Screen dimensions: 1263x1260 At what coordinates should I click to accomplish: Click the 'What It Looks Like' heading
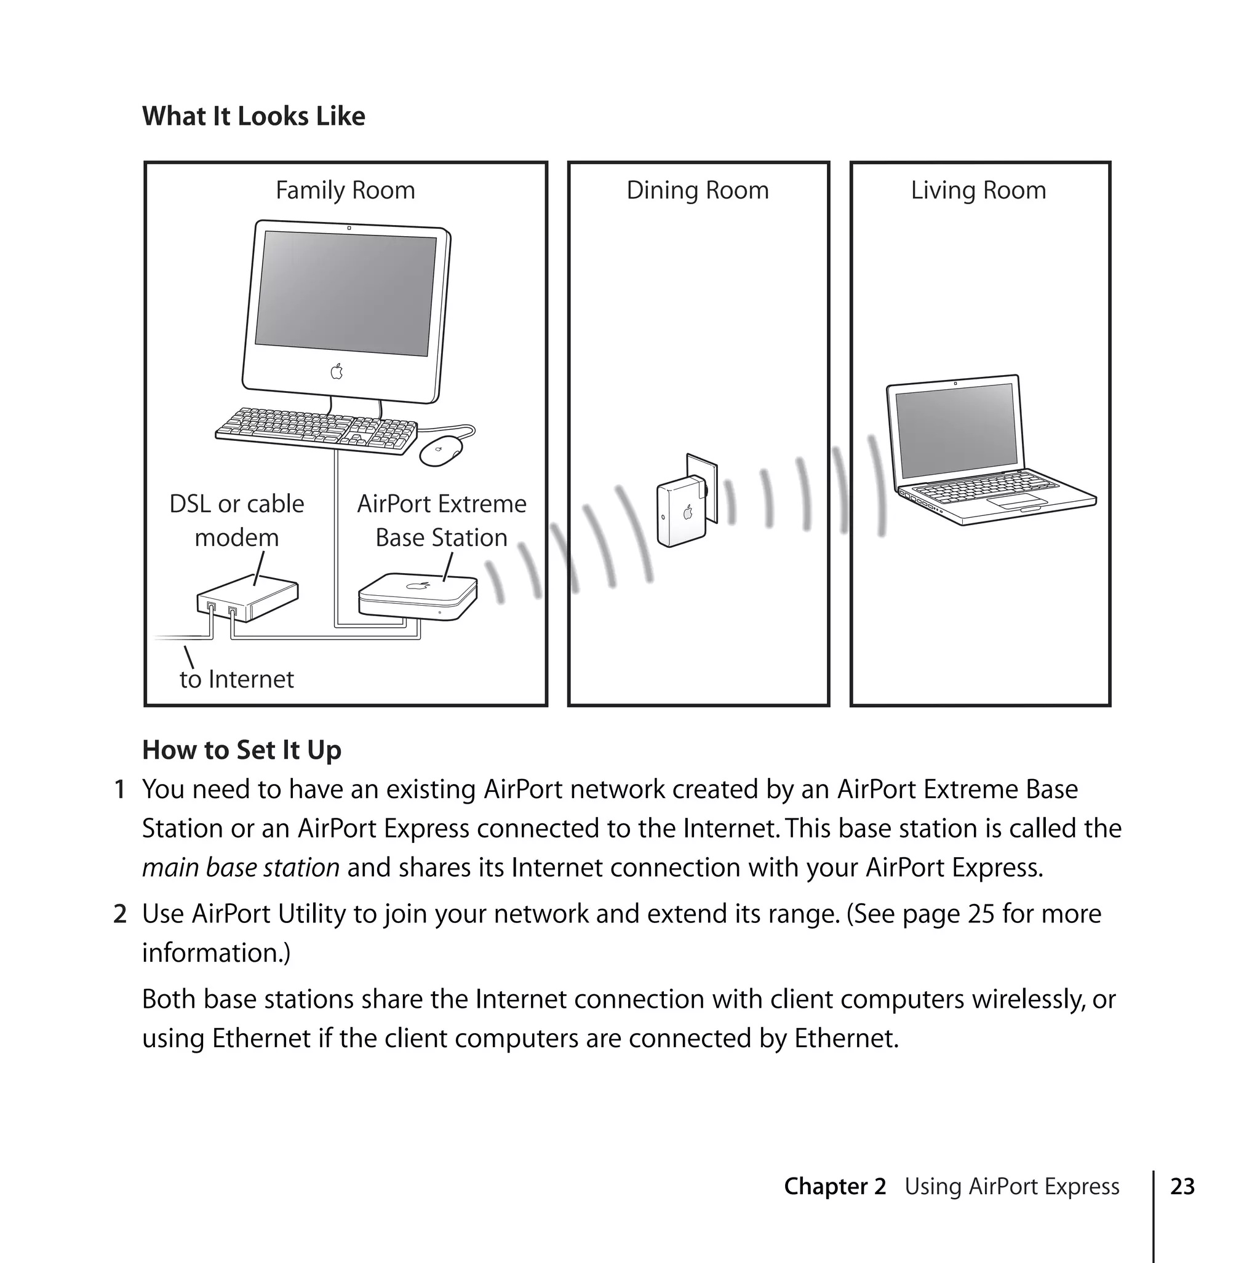click(253, 116)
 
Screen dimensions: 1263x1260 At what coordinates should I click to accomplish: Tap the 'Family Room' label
click(345, 190)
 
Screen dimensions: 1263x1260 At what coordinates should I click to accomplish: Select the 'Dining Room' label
click(698, 190)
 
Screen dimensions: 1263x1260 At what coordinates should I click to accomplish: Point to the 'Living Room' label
click(978, 190)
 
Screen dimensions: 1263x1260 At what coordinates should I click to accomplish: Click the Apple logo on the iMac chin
click(337, 372)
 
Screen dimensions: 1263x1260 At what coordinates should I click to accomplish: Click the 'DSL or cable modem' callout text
click(237, 520)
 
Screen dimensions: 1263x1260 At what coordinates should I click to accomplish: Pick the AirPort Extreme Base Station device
click(417, 595)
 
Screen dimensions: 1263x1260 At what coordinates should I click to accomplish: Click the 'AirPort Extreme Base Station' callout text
click(442, 520)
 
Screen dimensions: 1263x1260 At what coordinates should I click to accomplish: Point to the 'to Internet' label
click(237, 679)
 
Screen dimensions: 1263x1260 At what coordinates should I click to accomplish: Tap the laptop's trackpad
click(1016, 501)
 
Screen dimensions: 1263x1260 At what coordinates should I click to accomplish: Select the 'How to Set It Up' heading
click(241, 750)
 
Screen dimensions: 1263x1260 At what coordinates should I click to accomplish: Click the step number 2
click(120, 914)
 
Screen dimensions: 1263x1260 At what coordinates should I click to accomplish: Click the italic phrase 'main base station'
click(241, 868)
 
